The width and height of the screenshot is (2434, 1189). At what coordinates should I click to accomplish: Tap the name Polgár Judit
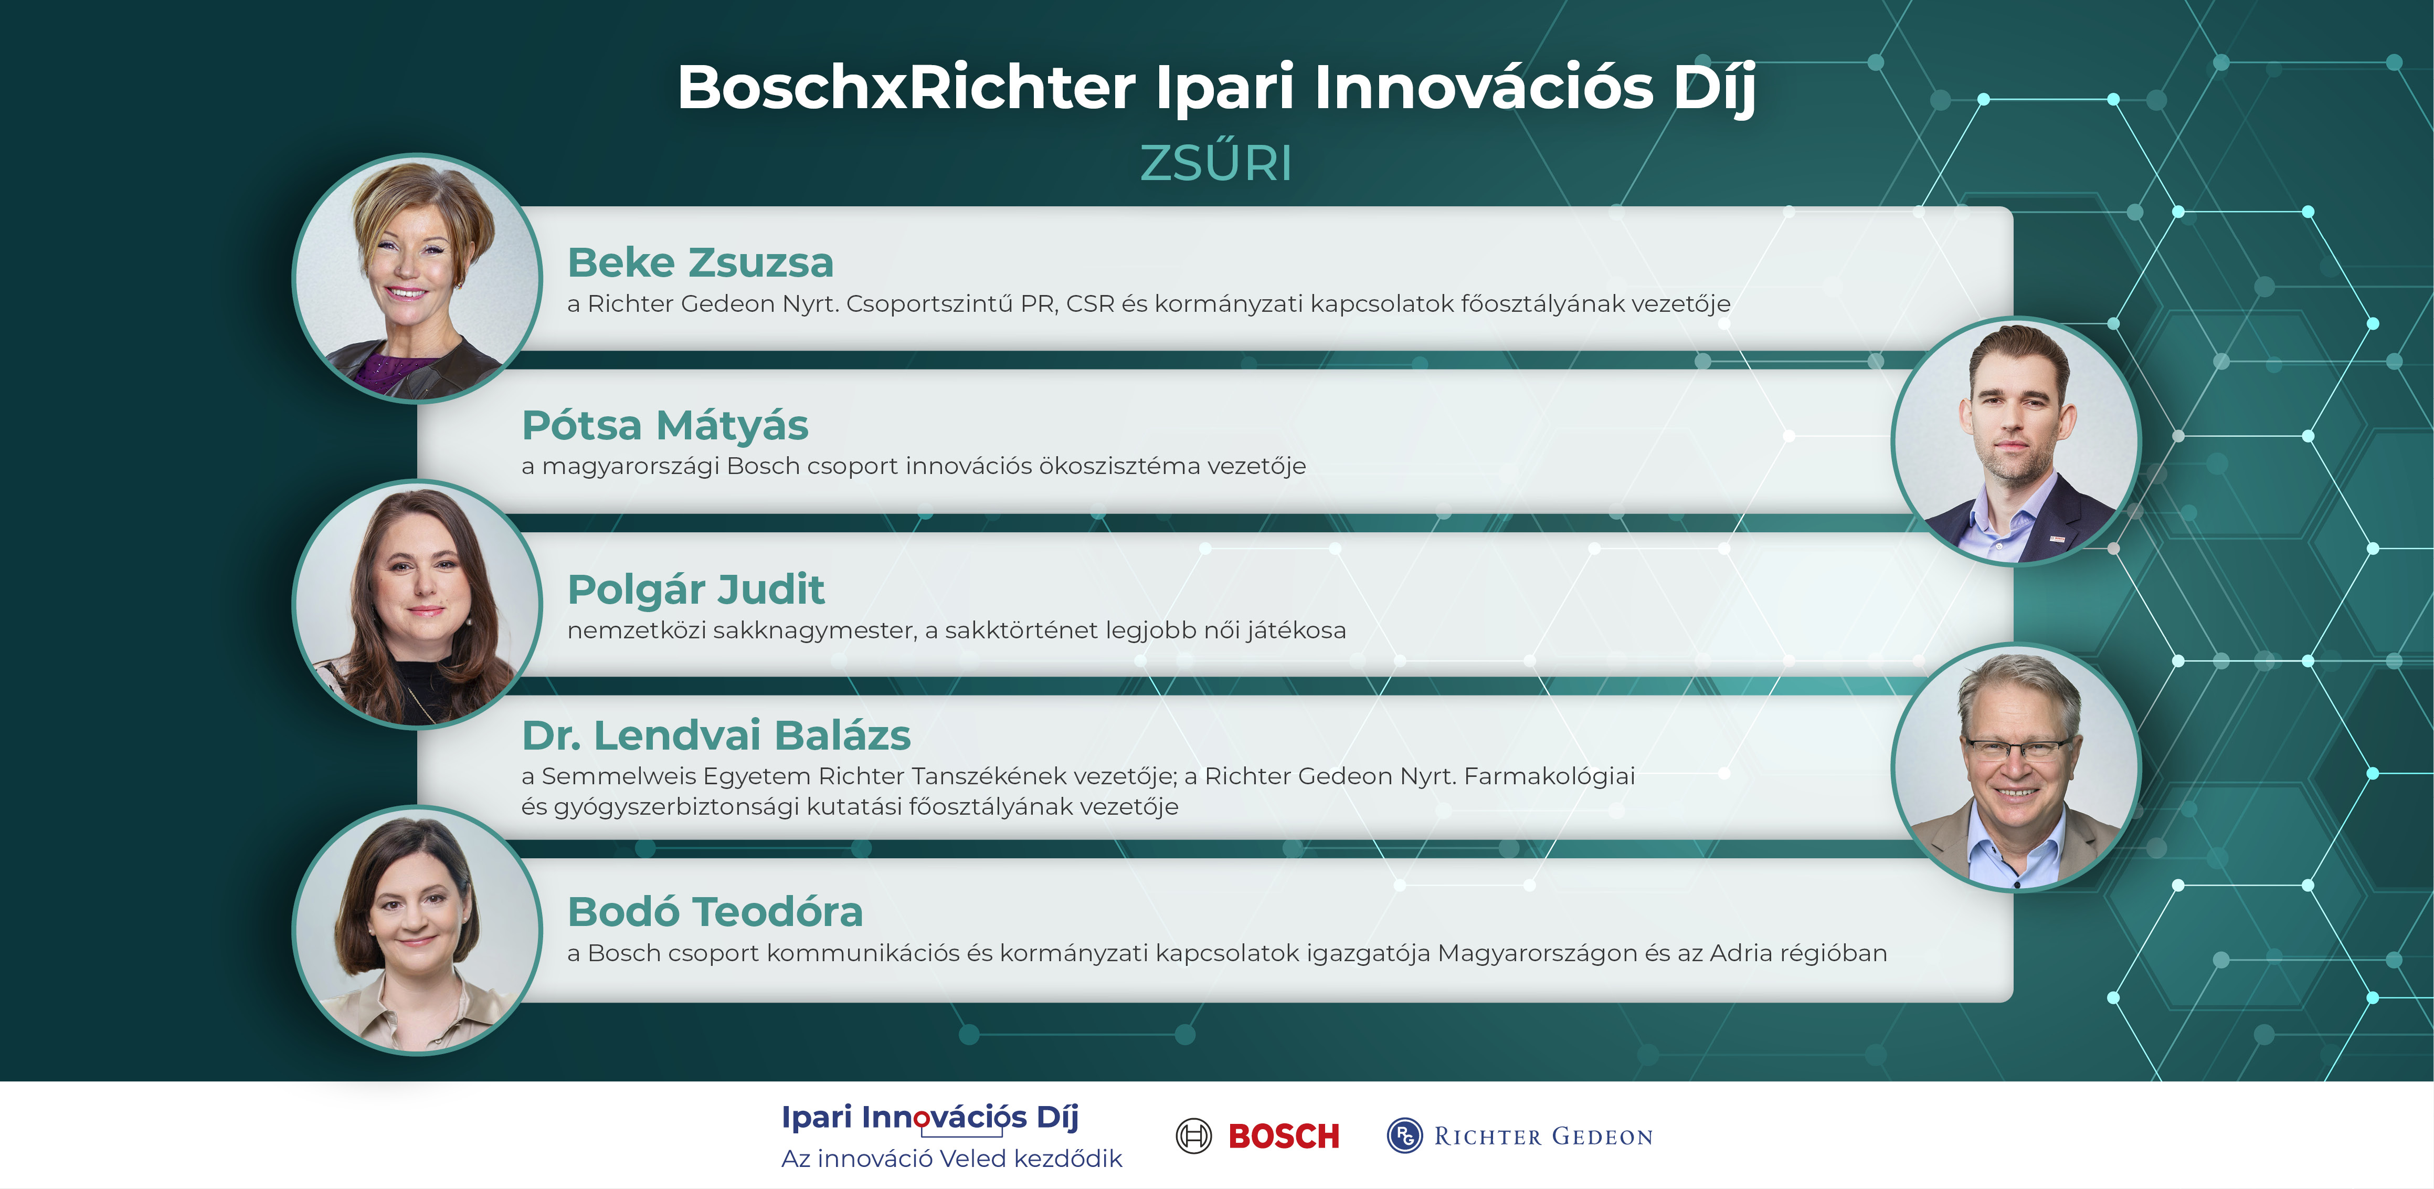(x=696, y=590)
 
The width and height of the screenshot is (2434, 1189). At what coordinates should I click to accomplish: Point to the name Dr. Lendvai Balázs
(x=716, y=735)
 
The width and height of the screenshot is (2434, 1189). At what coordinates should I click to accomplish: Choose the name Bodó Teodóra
(x=715, y=912)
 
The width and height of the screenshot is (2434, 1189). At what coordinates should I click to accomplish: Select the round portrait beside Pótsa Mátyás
(x=2016, y=440)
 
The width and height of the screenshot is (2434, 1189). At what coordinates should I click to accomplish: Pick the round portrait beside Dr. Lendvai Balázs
(x=2016, y=766)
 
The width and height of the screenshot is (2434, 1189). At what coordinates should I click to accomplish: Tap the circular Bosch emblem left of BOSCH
(x=1193, y=1135)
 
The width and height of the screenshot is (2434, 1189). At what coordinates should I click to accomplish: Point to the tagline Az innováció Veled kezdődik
(x=951, y=1159)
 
